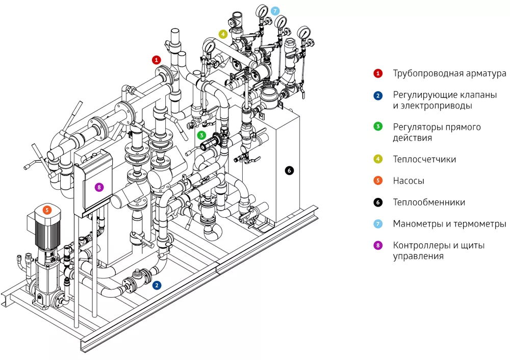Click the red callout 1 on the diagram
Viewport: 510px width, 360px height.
pyautogui.click(x=157, y=60)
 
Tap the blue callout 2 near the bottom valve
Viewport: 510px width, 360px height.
pyautogui.click(x=157, y=286)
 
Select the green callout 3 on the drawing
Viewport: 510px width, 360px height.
pyautogui.click(x=202, y=135)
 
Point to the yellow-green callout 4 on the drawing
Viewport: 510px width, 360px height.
pyautogui.click(x=223, y=34)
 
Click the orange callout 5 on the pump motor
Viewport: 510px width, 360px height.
pyautogui.click(x=47, y=209)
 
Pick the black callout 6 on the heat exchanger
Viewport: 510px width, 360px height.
pyautogui.click(x=290, y=170)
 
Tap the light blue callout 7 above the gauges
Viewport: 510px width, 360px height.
pyautogui.click(x=275, y=10)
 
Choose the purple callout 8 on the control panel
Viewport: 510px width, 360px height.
pyautogui.click(x=99, y=187)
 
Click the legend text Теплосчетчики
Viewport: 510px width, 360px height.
pyautogui.click(x=424, y=159)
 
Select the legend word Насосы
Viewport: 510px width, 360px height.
pyautogui.click(x=409, y=181)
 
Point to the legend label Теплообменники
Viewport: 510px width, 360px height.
pyautogui.click(x=429, y=202)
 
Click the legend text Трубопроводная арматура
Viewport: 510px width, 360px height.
pyautogui.click(x=449, y=73)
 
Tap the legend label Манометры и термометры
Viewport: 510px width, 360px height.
pyautogui.click(x=449, y=224)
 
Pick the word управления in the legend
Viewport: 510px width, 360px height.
pyautogui.click(x=418, y=256)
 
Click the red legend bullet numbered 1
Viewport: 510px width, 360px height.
pyautogui.click(x=378, y=73)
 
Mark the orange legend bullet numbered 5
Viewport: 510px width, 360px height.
pyautogui.click(x=378, y=181)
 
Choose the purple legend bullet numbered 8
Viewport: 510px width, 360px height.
pyautogui.click(x=378, y=245)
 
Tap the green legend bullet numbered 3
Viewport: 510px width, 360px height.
pyautogui.click(x=378, y=127)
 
